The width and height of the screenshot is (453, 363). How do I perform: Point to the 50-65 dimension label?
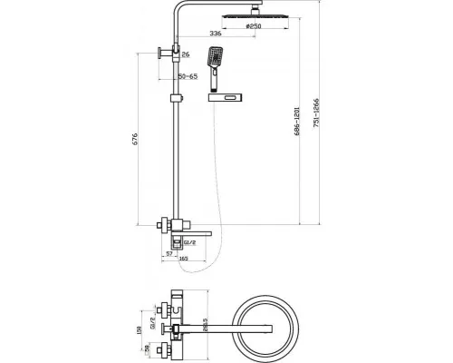pos(188,77)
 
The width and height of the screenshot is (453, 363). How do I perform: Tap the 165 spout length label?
pos(183,260)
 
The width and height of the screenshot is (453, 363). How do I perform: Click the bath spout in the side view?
pos(203,233)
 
